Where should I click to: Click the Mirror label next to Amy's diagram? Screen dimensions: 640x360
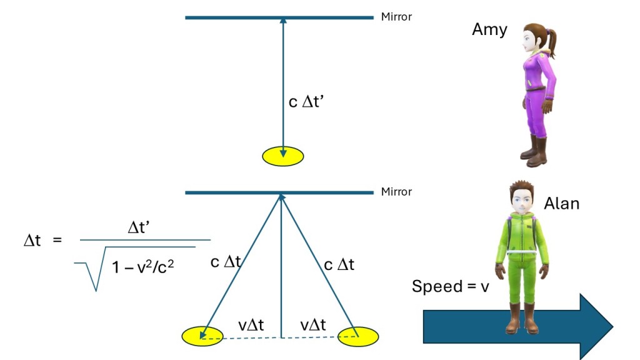pyautogui.click(x=396, y=17)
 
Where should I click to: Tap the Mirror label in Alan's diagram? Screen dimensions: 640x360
pyautogui.click(x=396, y=191)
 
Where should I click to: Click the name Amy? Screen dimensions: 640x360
pyautogui.click(x=489, y=30)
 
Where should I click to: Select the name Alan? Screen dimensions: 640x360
pyautogui.click(x=562, y=203)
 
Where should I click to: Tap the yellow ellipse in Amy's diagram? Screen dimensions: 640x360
pyautogui.click(x=283, y=156)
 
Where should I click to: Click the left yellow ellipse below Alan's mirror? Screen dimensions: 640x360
pyautogui.click(x=202, y=336)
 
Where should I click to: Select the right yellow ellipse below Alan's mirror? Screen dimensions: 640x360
pyautogui.click(x=358, y=336)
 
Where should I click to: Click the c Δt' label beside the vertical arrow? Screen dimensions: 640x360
pyautogui.click(x=306, y=102)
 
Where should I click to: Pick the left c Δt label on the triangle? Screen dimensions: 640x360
pyautogui.click(x=226, y=262)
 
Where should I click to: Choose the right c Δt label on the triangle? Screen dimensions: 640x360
pyautogui.click(x=339, y=265)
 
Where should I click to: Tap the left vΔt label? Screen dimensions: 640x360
pyautogui.click(x=251, y=325)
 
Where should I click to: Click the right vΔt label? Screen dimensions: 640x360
pyautogui.click(x=313, y=325)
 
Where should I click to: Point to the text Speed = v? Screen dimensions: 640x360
pyautogui.click(x=450, y=286)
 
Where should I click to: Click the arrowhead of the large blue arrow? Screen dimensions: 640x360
pyautogui.click(x=596, y=326)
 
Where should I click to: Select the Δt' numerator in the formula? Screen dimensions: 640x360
pyautogui.click(x=139, y=227)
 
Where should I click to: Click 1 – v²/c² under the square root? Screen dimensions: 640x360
pyautogui.click(x=143, y=266)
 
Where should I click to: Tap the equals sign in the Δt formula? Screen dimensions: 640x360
pyautogui.click(x=57, y=240)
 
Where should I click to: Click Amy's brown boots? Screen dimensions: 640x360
pyautogui.click(x=534, y=151)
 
